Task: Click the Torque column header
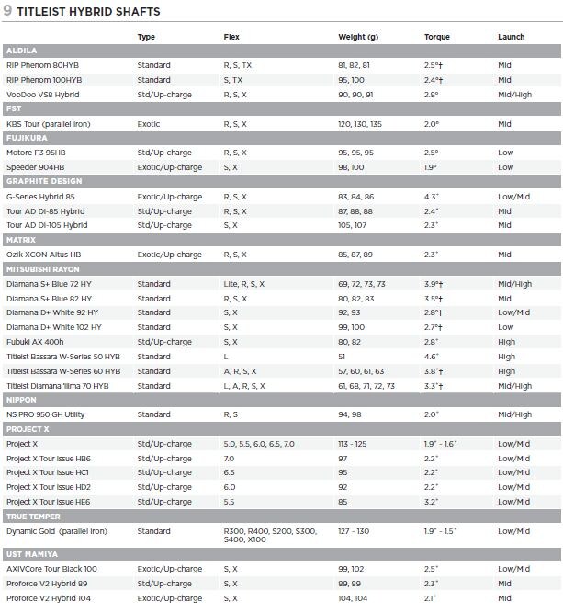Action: pos(437,38)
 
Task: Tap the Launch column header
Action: pos(511,38)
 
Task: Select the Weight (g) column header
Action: pos(358,38)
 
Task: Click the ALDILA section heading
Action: pos(21,51)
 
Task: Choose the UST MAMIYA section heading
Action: pos(32,554)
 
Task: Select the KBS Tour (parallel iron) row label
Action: pos(55,123)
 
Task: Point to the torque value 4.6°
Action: pos(432,357)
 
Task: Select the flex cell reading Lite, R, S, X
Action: pos(243,284)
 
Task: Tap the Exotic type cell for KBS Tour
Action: pos(149,123)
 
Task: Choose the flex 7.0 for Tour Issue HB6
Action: pos(230,459)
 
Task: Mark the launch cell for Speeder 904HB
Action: pos(506,167)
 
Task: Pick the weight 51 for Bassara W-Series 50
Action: pos(343,357)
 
